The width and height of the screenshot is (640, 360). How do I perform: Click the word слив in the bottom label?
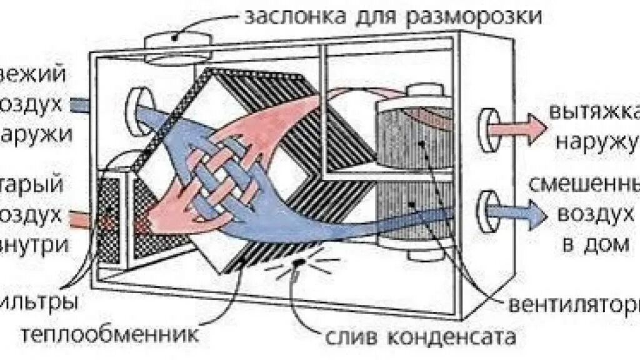[346, 338]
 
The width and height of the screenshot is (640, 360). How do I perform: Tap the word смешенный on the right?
[584, 186]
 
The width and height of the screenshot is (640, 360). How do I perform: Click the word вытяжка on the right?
[594, 112]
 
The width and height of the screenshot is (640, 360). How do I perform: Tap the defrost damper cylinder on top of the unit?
[175, 44]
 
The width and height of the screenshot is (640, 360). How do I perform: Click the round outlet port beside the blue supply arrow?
[486, 208]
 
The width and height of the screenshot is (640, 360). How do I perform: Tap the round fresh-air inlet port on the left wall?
[136, 103]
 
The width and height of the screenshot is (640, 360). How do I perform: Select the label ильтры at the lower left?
[41, 304]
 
